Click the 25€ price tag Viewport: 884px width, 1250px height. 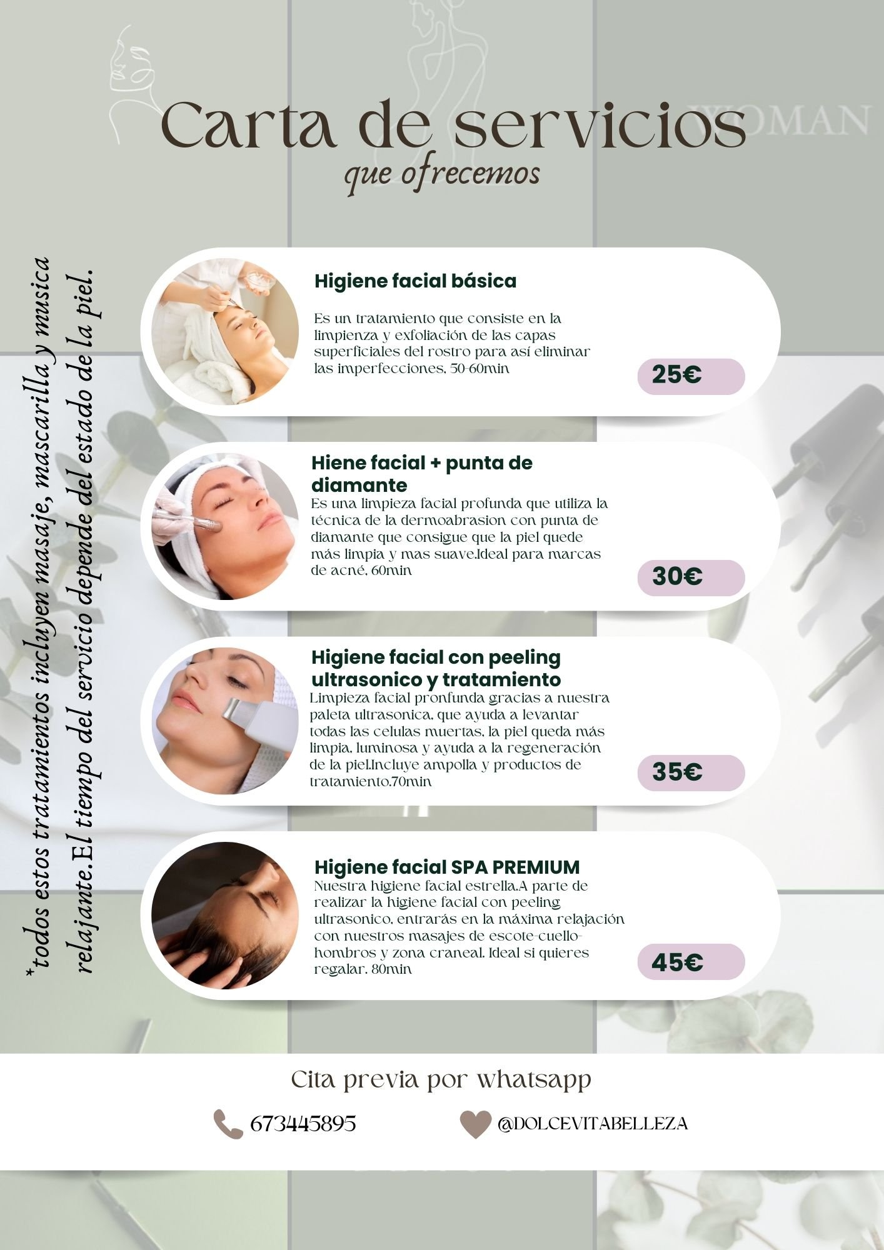click(691, 376)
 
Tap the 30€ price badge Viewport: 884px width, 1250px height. click(691, 577)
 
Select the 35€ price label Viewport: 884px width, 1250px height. click(691, 772)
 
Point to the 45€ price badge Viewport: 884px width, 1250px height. click(691, 962)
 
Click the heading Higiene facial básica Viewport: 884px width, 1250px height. click(415, 281)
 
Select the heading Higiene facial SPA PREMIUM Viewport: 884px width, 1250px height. click(447, 867)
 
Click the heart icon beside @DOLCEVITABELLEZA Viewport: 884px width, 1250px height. click(475, 1124)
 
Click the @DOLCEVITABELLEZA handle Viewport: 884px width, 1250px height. click(593, 1124)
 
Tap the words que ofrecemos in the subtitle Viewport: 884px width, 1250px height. click(441, 174)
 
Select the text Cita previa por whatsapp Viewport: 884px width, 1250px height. click(441, 1079)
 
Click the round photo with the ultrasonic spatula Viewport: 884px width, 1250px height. click(225, 721)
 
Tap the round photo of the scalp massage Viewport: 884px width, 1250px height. click(225, 916)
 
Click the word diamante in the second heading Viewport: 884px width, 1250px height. click(359, 485)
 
